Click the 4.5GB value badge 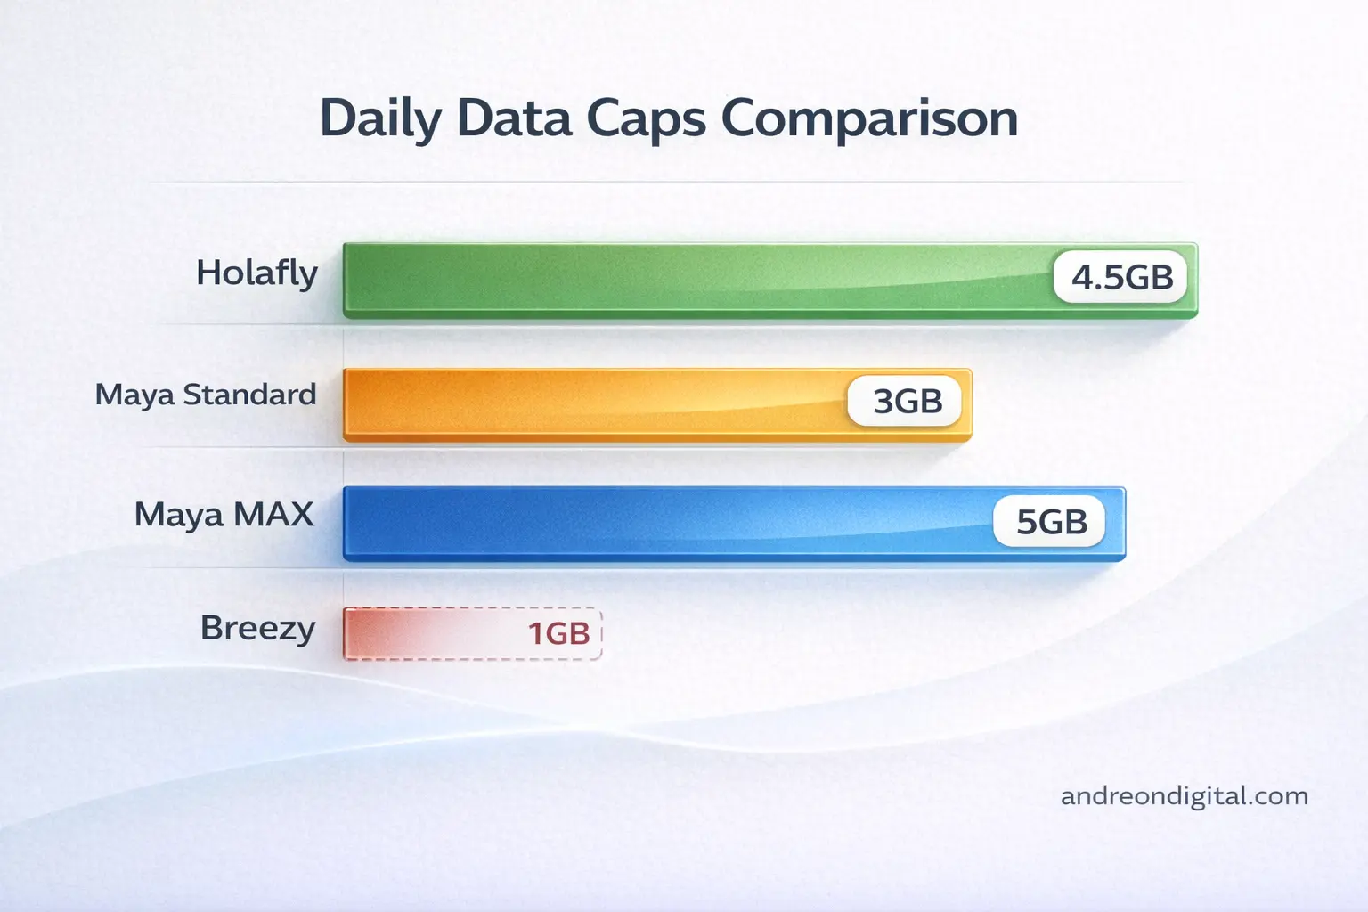coord(1121,277)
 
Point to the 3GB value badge coord(907,402)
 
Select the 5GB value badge coord(1051,522)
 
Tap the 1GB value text coord(558,634)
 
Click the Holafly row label coord(256,273)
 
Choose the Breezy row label coord(257,629)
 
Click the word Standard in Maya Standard coord(249,394)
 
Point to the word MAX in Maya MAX coord(273,514)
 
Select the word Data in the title coord(514,118)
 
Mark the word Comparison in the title coord(869,119)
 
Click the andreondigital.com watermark coord(1184,796)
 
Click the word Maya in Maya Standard coord(134,395)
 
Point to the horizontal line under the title coord(668,182)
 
